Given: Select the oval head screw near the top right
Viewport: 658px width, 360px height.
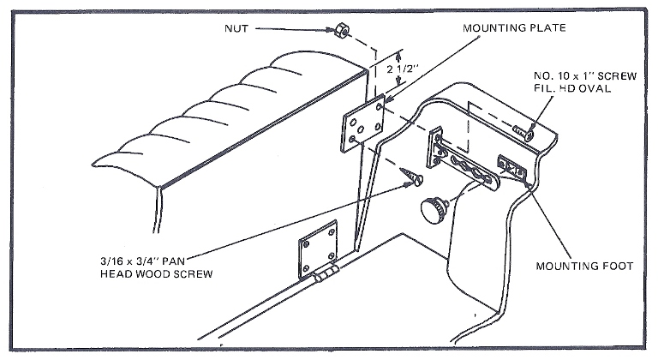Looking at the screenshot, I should (524, 130).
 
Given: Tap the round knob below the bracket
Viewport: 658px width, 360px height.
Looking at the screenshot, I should (432, 208).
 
